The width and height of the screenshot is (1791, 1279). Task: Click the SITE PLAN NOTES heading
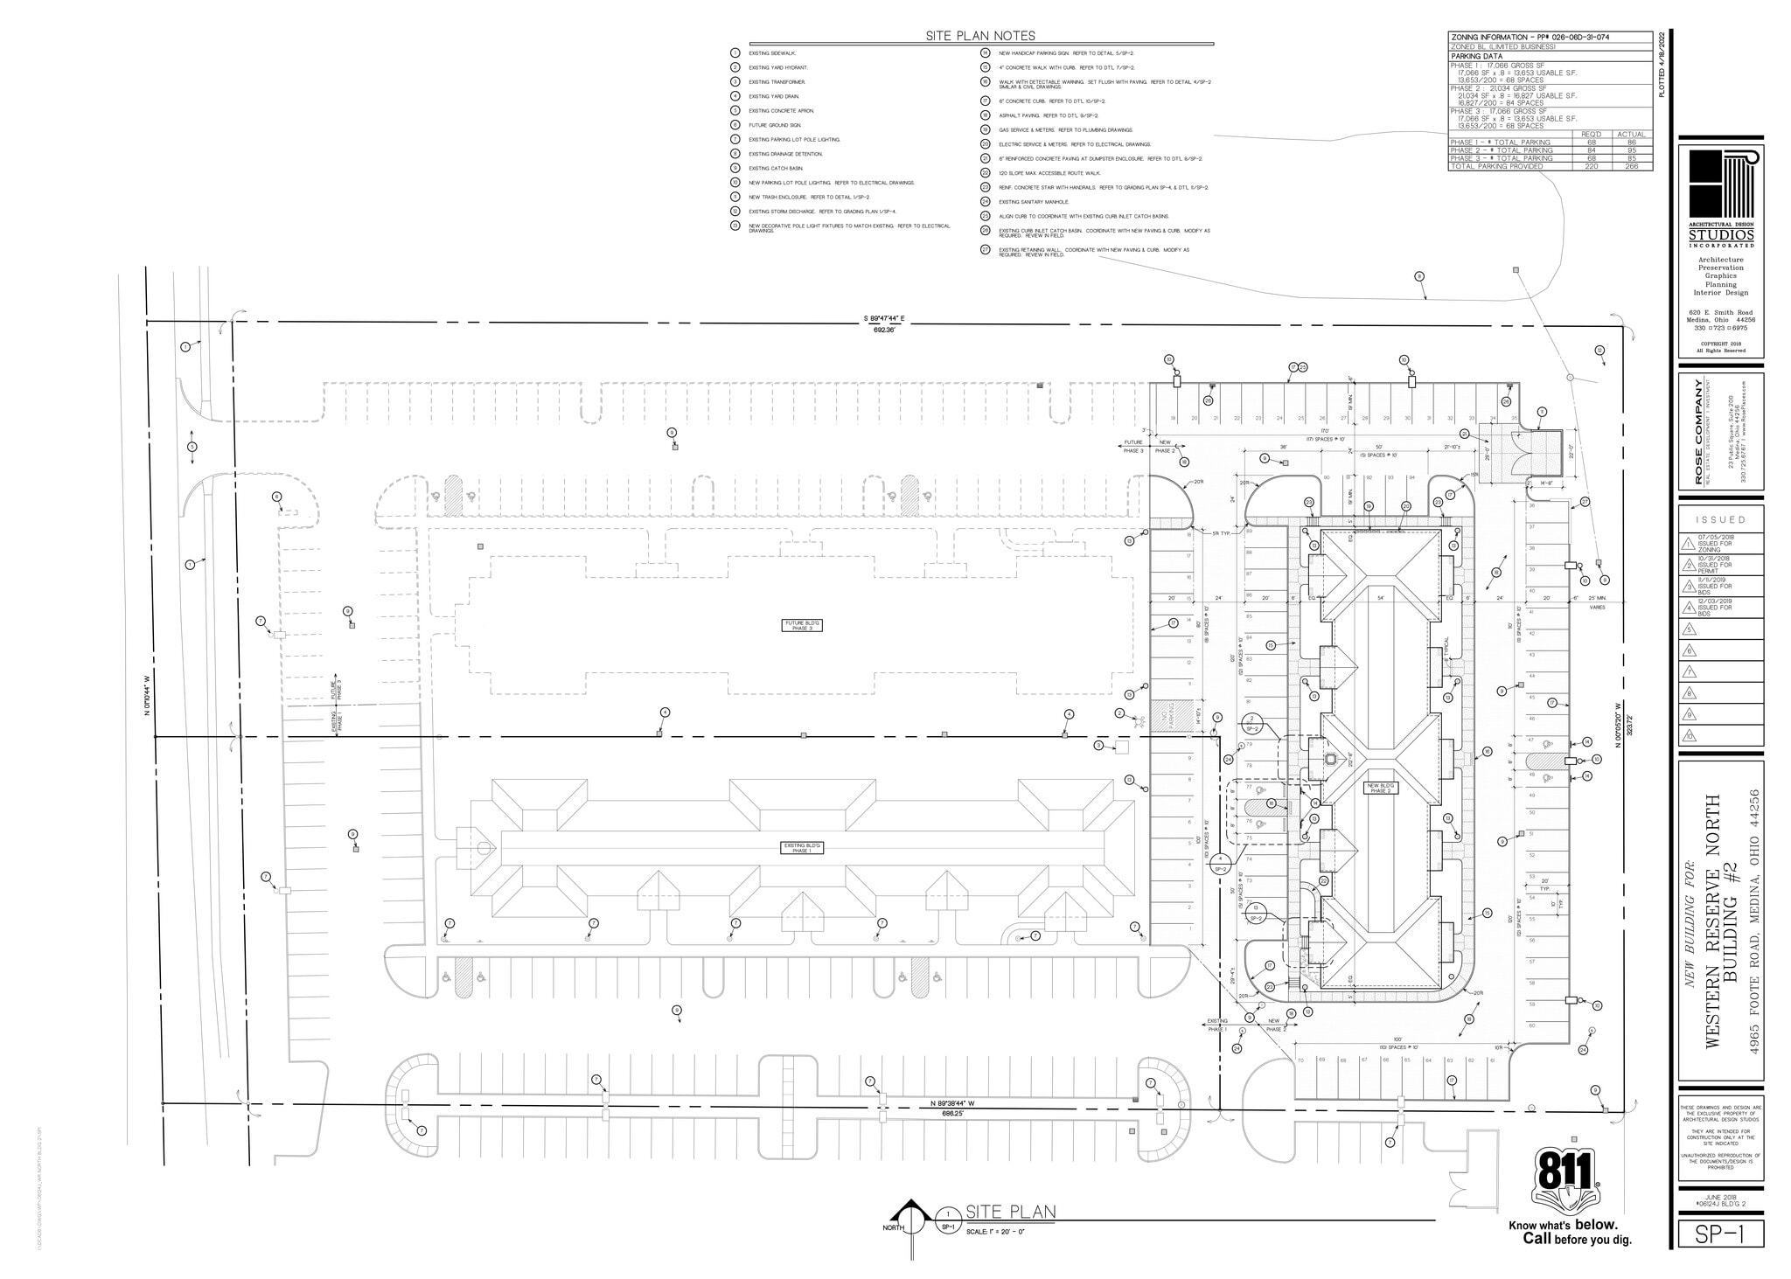980,36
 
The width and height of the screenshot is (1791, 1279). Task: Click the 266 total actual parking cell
1631,166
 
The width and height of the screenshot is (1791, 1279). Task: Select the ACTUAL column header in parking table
1631,134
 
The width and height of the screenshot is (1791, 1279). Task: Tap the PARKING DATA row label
1478,56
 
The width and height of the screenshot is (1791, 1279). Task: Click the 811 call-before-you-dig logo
1565,1182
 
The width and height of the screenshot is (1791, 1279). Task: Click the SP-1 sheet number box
1720,1234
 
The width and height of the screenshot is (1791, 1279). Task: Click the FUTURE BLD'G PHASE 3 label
801,625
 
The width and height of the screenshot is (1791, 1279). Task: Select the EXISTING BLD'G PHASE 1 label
801,847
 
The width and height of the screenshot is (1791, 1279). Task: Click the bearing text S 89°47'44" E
883,319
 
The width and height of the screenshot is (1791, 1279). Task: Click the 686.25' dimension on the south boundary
952,1114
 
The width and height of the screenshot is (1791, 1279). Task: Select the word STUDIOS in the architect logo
1720,235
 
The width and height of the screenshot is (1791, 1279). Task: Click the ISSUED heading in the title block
1720,519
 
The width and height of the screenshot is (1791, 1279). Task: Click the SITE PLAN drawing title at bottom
1010,1212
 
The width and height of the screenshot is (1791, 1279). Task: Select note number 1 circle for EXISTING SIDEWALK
735,53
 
